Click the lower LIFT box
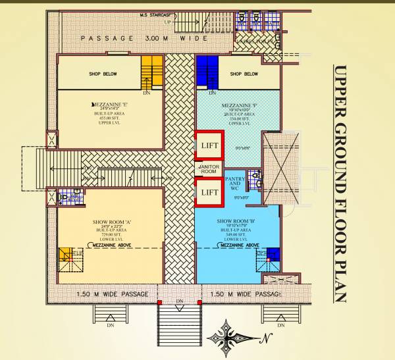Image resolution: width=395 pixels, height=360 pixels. coord(209,192)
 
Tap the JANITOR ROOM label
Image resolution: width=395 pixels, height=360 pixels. coord(209,168)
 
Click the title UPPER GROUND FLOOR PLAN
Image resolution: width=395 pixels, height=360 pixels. coord(340,184)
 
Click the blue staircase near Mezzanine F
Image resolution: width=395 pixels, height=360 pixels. coord(207,72)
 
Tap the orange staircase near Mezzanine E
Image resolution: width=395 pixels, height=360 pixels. coord(152,72)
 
